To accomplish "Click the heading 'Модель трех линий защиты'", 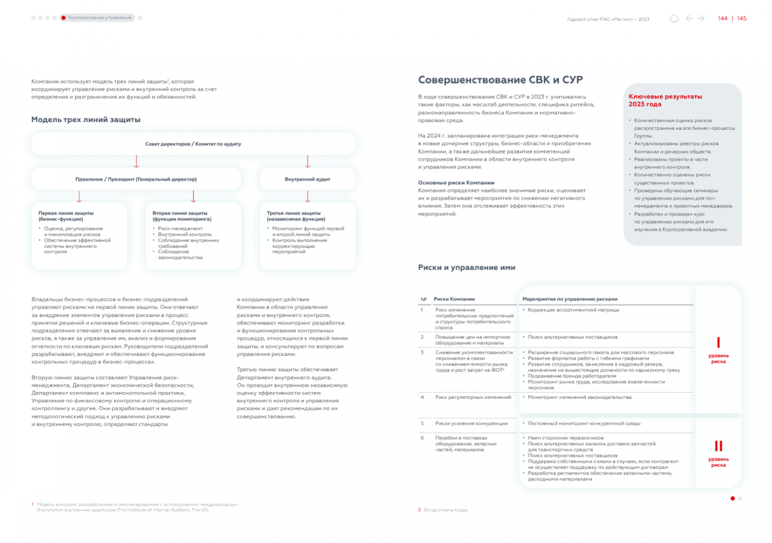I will click(86, 120).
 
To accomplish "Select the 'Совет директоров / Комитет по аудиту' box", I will click(193, 144).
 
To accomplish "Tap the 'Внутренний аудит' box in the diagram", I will click(307, 179).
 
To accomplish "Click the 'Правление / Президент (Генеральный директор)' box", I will click(136, 179).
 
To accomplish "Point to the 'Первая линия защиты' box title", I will click(66, 216).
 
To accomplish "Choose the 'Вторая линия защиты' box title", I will click(182, 216).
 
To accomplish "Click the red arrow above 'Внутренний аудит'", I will click(308, 161).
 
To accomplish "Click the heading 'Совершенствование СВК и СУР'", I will click(500, 80).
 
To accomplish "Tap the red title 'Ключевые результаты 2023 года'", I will click(665, 100).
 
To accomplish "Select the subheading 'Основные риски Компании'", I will click(456, 183).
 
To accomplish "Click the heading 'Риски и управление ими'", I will click(466, 267).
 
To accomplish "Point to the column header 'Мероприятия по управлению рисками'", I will click(570, 299).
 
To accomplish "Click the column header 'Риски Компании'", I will click(454, 299).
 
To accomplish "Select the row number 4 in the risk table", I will click(422, 397).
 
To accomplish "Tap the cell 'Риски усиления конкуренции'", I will click(471, 423).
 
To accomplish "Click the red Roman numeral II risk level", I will click(718, 446).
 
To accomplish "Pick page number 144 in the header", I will click(723, 18).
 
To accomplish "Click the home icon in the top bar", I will click(674, 18).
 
